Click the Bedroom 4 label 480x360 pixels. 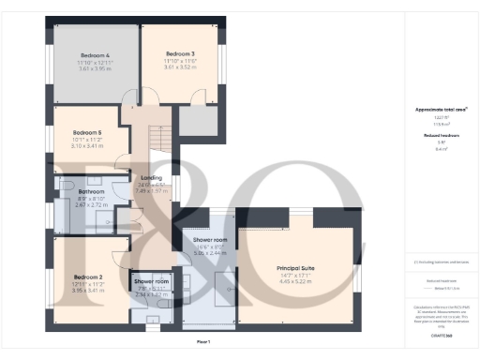pyautogui.click(x=96, y=54)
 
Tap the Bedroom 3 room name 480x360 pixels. pyautogui.click(x=179, y=53)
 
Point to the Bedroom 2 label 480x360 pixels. pyautogui.click(x=87, y=277)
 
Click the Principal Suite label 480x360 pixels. pyautogui.click(x=295, y=268)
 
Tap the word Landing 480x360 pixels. pyautogui.click(x=151, y=177)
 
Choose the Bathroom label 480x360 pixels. pyautogui.click(x=91, y=191)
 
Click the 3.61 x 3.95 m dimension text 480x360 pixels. pyautogui.click(x=96, y=68)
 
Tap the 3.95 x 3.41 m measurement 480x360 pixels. pyautogui.click(x=87, y=291)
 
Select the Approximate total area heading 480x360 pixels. pyautogui.click(x=441, y=110)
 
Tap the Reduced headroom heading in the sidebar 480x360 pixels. pyautogui.click(x=440, y=136)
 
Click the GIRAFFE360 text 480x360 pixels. pyautogui.click(x=441, y=333)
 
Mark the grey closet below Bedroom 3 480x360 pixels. pyautogui.click(x=198, y=122)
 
